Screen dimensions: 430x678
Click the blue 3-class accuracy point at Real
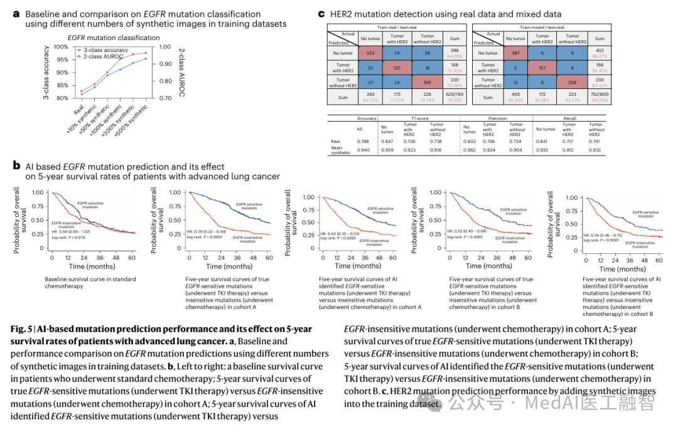(x=82, y=94)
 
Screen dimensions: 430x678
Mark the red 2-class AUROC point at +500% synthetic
(x=146, y=53)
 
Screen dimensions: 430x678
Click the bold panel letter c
(x=321, y=13)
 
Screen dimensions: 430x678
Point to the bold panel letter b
(x=17, y=166)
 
